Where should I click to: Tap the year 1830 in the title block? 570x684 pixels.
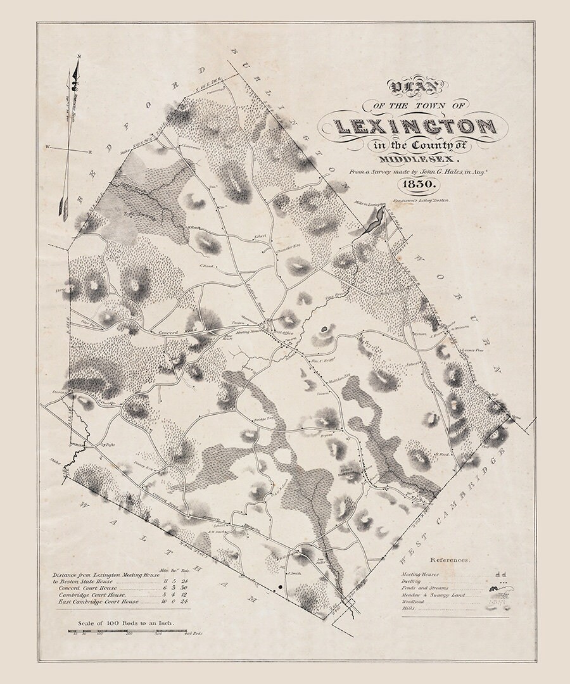tap(414, 184)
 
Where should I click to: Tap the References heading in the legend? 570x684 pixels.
tap(450, 560)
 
